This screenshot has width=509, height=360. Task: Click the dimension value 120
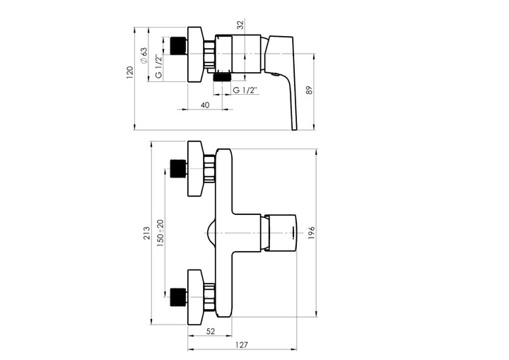click(130, 73)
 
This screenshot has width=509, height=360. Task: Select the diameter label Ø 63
click(144, 56)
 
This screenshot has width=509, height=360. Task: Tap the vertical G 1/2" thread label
click(158, 66)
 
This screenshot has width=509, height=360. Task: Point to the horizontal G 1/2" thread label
click(245, 90)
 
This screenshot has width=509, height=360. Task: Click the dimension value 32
click(240, 25)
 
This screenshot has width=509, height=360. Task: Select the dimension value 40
click(205, 105)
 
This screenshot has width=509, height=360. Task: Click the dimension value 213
click(147, 233)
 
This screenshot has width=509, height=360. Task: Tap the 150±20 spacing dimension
click(160, 233)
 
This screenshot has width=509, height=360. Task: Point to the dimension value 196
click(311, 233)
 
